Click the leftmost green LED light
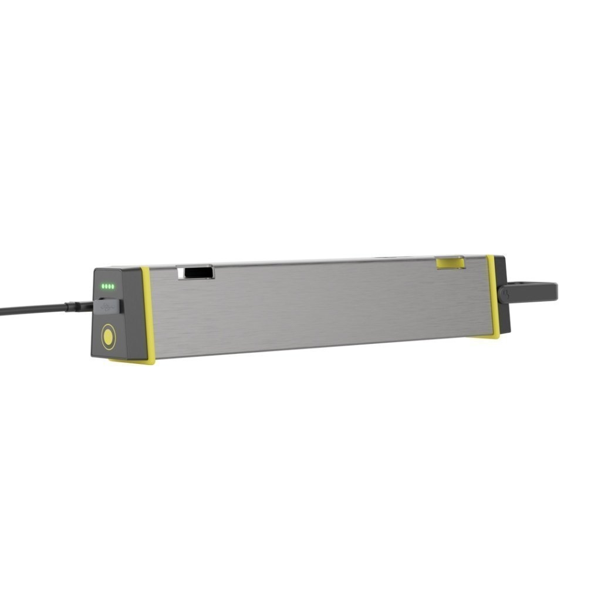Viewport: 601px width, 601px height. pos(103,286)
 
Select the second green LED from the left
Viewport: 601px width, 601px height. pos(107,286)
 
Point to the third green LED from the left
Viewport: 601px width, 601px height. pos(111,286)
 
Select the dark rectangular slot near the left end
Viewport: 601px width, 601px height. pos(196,272)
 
